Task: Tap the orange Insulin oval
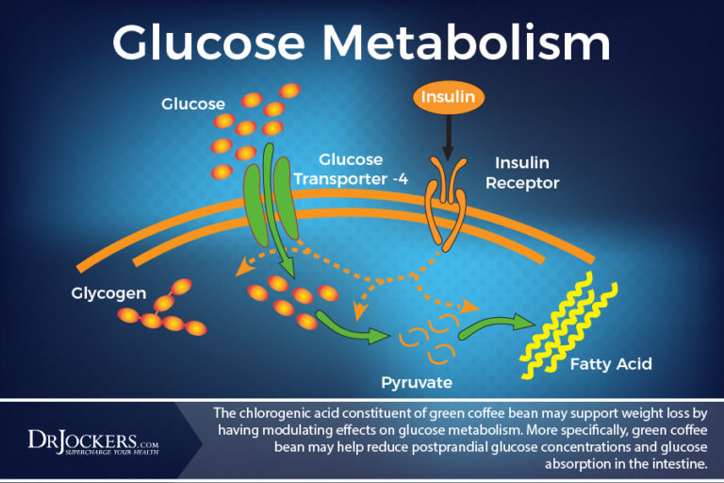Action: click(x=448, y=97)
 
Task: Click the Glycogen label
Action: click(x=108, y=292)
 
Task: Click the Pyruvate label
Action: click(x=416, y=383)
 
